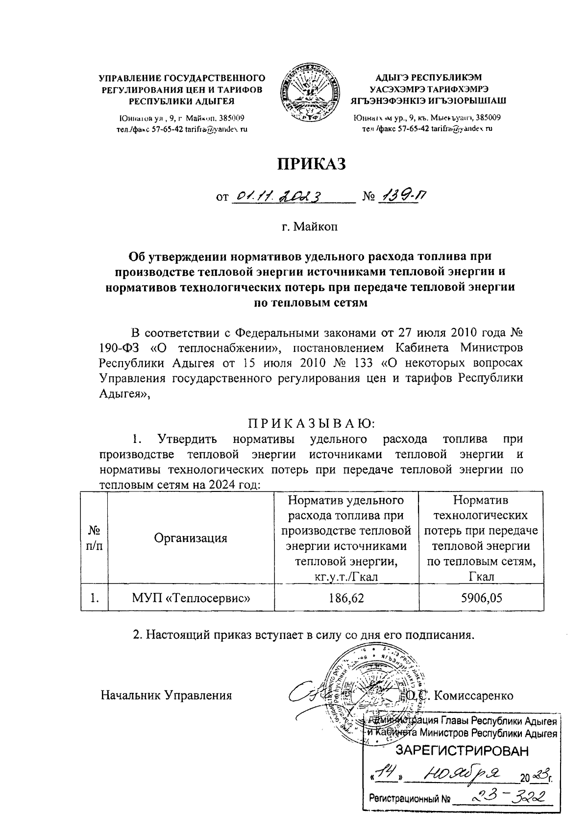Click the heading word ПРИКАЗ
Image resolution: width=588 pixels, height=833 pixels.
[312, 164]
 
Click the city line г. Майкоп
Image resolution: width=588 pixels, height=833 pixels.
[310, 227]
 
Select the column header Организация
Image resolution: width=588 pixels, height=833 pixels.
[191, 538]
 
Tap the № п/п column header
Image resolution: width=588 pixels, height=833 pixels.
[94, 538]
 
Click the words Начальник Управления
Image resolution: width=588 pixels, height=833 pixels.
[166, 695]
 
